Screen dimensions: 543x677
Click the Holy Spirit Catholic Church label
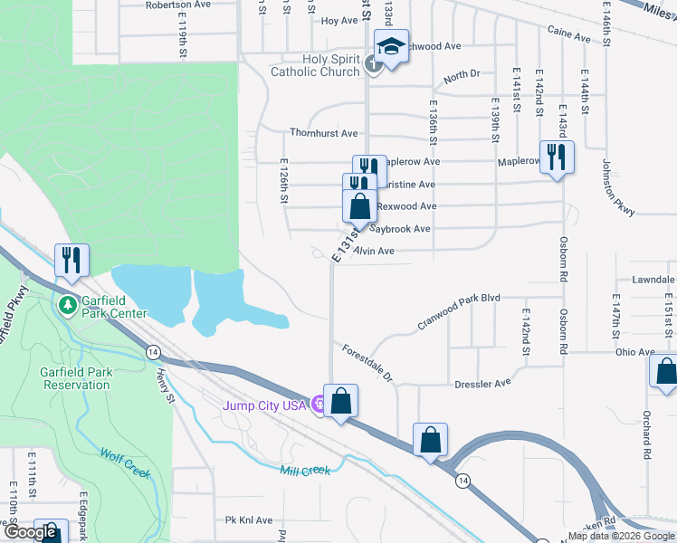[319, 65]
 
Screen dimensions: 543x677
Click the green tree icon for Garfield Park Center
[67, 305]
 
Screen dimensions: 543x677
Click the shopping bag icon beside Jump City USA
[340, 401]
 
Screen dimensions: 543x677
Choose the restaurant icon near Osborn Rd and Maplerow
[557, 157]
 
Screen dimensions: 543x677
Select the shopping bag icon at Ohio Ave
[665, 372]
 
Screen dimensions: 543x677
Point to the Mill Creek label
[306, 470]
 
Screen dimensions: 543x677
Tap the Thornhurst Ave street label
[324, 132]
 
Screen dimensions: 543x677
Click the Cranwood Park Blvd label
[458, 310]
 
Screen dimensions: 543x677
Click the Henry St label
[164, 381]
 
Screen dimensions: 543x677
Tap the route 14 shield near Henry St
[153, 351]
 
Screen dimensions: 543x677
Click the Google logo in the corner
[34, 532]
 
